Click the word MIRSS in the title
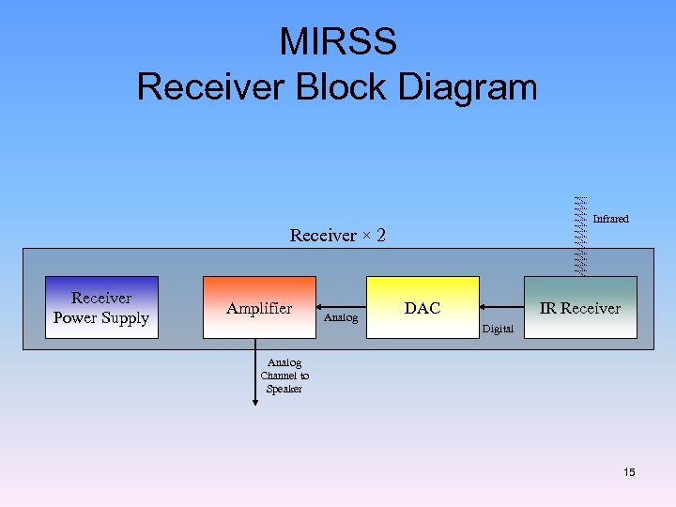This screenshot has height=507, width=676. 337,42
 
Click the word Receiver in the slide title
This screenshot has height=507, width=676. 211,86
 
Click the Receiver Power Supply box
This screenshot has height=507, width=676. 101,308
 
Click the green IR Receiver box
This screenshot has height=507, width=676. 579,308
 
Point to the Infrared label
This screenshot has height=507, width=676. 610,219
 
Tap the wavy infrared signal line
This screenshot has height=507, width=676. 580,235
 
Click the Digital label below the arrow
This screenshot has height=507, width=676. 498,329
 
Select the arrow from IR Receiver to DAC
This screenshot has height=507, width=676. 501,308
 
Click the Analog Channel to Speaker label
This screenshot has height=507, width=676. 284,376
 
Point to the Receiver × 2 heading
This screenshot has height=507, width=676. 338,235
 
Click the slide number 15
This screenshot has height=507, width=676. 629,472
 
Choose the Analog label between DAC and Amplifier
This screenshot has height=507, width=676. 341,318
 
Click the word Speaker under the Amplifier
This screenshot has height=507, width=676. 284,389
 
